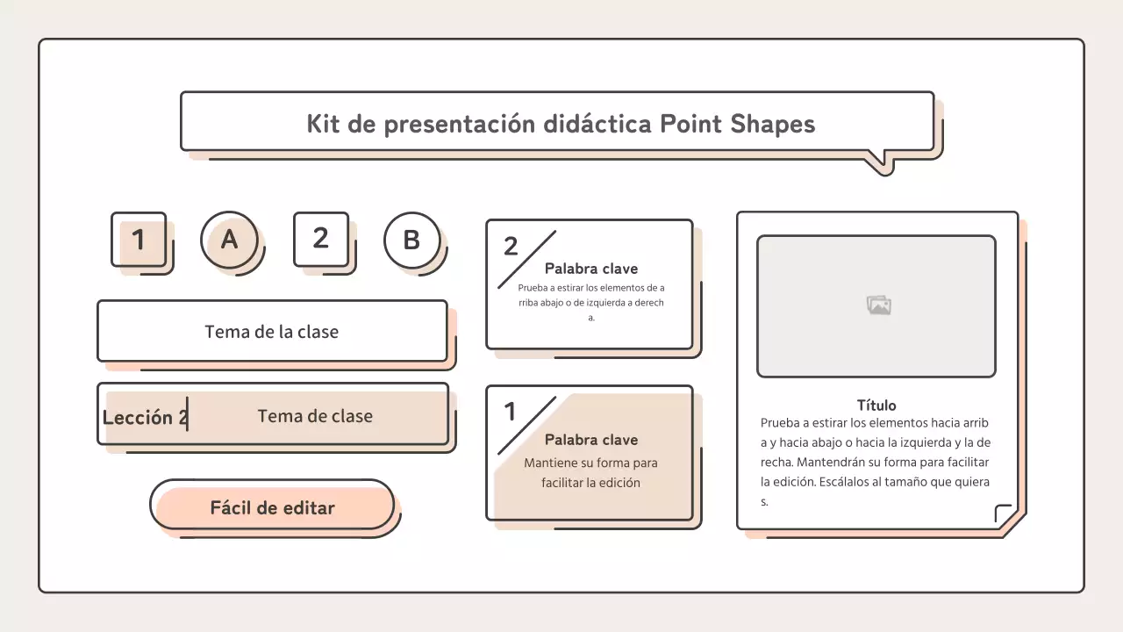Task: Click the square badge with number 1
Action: coord(139,239)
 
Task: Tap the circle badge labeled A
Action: coord(229,239)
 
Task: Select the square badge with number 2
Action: coord(320,238)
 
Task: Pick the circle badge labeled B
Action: coord(411,240)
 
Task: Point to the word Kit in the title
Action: coord(323,124)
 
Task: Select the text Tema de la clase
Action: coord(271,332)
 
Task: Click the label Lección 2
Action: coord(144,418)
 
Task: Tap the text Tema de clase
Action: coord(315,416)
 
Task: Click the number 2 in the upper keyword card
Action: coord(511,247)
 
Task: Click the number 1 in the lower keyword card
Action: coord(510,412)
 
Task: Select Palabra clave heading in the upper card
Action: coord(591,269)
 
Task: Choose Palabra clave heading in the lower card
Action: coord(591,440)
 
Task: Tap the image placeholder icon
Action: coord(878,305)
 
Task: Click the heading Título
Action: coord(876,406)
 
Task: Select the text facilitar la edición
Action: coord(590,483)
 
